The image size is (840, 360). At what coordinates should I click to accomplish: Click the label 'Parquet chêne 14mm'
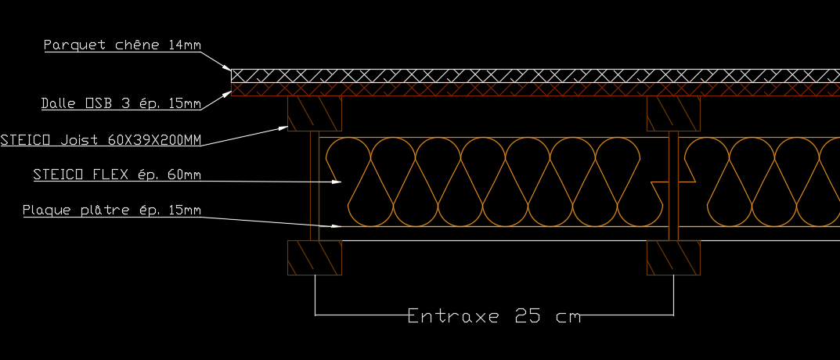122,45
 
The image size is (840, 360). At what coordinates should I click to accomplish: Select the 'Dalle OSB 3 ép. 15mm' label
121,103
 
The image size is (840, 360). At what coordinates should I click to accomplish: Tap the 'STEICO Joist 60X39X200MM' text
101,140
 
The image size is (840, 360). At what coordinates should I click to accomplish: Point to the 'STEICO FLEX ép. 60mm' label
117,175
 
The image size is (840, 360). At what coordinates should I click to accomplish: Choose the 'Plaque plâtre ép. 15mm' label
112,210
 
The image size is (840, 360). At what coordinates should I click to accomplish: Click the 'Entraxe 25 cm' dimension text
494,316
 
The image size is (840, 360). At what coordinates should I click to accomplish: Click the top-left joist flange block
315,113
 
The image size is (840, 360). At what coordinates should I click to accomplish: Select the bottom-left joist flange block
315,257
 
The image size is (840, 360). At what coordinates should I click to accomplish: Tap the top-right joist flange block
673,113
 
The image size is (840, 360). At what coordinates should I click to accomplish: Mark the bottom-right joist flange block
673,257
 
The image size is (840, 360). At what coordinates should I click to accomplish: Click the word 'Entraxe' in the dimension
453,316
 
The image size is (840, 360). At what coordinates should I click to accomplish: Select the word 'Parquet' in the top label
69,45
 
